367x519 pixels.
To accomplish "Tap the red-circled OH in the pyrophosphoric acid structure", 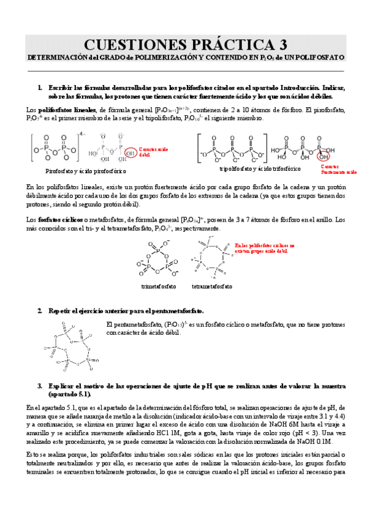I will (x=131, y=152).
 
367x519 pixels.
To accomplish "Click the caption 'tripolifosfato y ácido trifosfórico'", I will (x=260, y=168).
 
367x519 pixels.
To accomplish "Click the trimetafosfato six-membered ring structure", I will (x=159, y=258).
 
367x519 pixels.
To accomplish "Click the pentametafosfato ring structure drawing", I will (x=70, y=347).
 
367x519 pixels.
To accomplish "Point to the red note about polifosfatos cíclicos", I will (x=260, y=248).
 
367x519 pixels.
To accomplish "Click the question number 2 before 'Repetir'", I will (x=39, y=311).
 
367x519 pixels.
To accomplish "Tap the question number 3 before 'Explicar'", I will (x=39, y=386).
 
